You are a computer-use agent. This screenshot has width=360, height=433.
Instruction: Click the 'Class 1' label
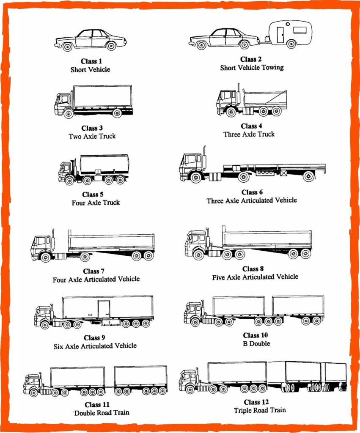[x=91, y=61]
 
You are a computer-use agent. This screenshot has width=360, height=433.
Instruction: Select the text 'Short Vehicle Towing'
[x=252, y=68]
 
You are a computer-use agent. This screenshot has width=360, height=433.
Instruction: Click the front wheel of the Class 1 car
[x=67, y=47]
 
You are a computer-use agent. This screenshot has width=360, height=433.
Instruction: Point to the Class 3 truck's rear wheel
[x=117, y=113]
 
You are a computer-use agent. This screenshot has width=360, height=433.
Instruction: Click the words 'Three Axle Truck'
[x=249, y=134]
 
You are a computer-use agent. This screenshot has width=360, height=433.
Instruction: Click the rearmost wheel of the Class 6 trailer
[x=308, y=176]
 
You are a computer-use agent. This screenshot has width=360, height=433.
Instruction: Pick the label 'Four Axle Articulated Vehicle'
[x=96, y=279]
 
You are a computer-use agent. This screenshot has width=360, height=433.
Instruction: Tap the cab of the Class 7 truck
[x=41, y=244]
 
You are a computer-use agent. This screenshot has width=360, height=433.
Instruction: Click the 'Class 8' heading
[x=253, y=269]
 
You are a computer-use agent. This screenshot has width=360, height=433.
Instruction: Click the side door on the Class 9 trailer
[x=104, y=309]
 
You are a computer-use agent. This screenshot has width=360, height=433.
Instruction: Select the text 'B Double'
[x=256, y=343]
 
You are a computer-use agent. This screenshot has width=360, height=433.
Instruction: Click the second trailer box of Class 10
[x=298, y=305]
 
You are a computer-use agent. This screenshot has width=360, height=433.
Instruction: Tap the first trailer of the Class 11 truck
[x=77, y=376]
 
